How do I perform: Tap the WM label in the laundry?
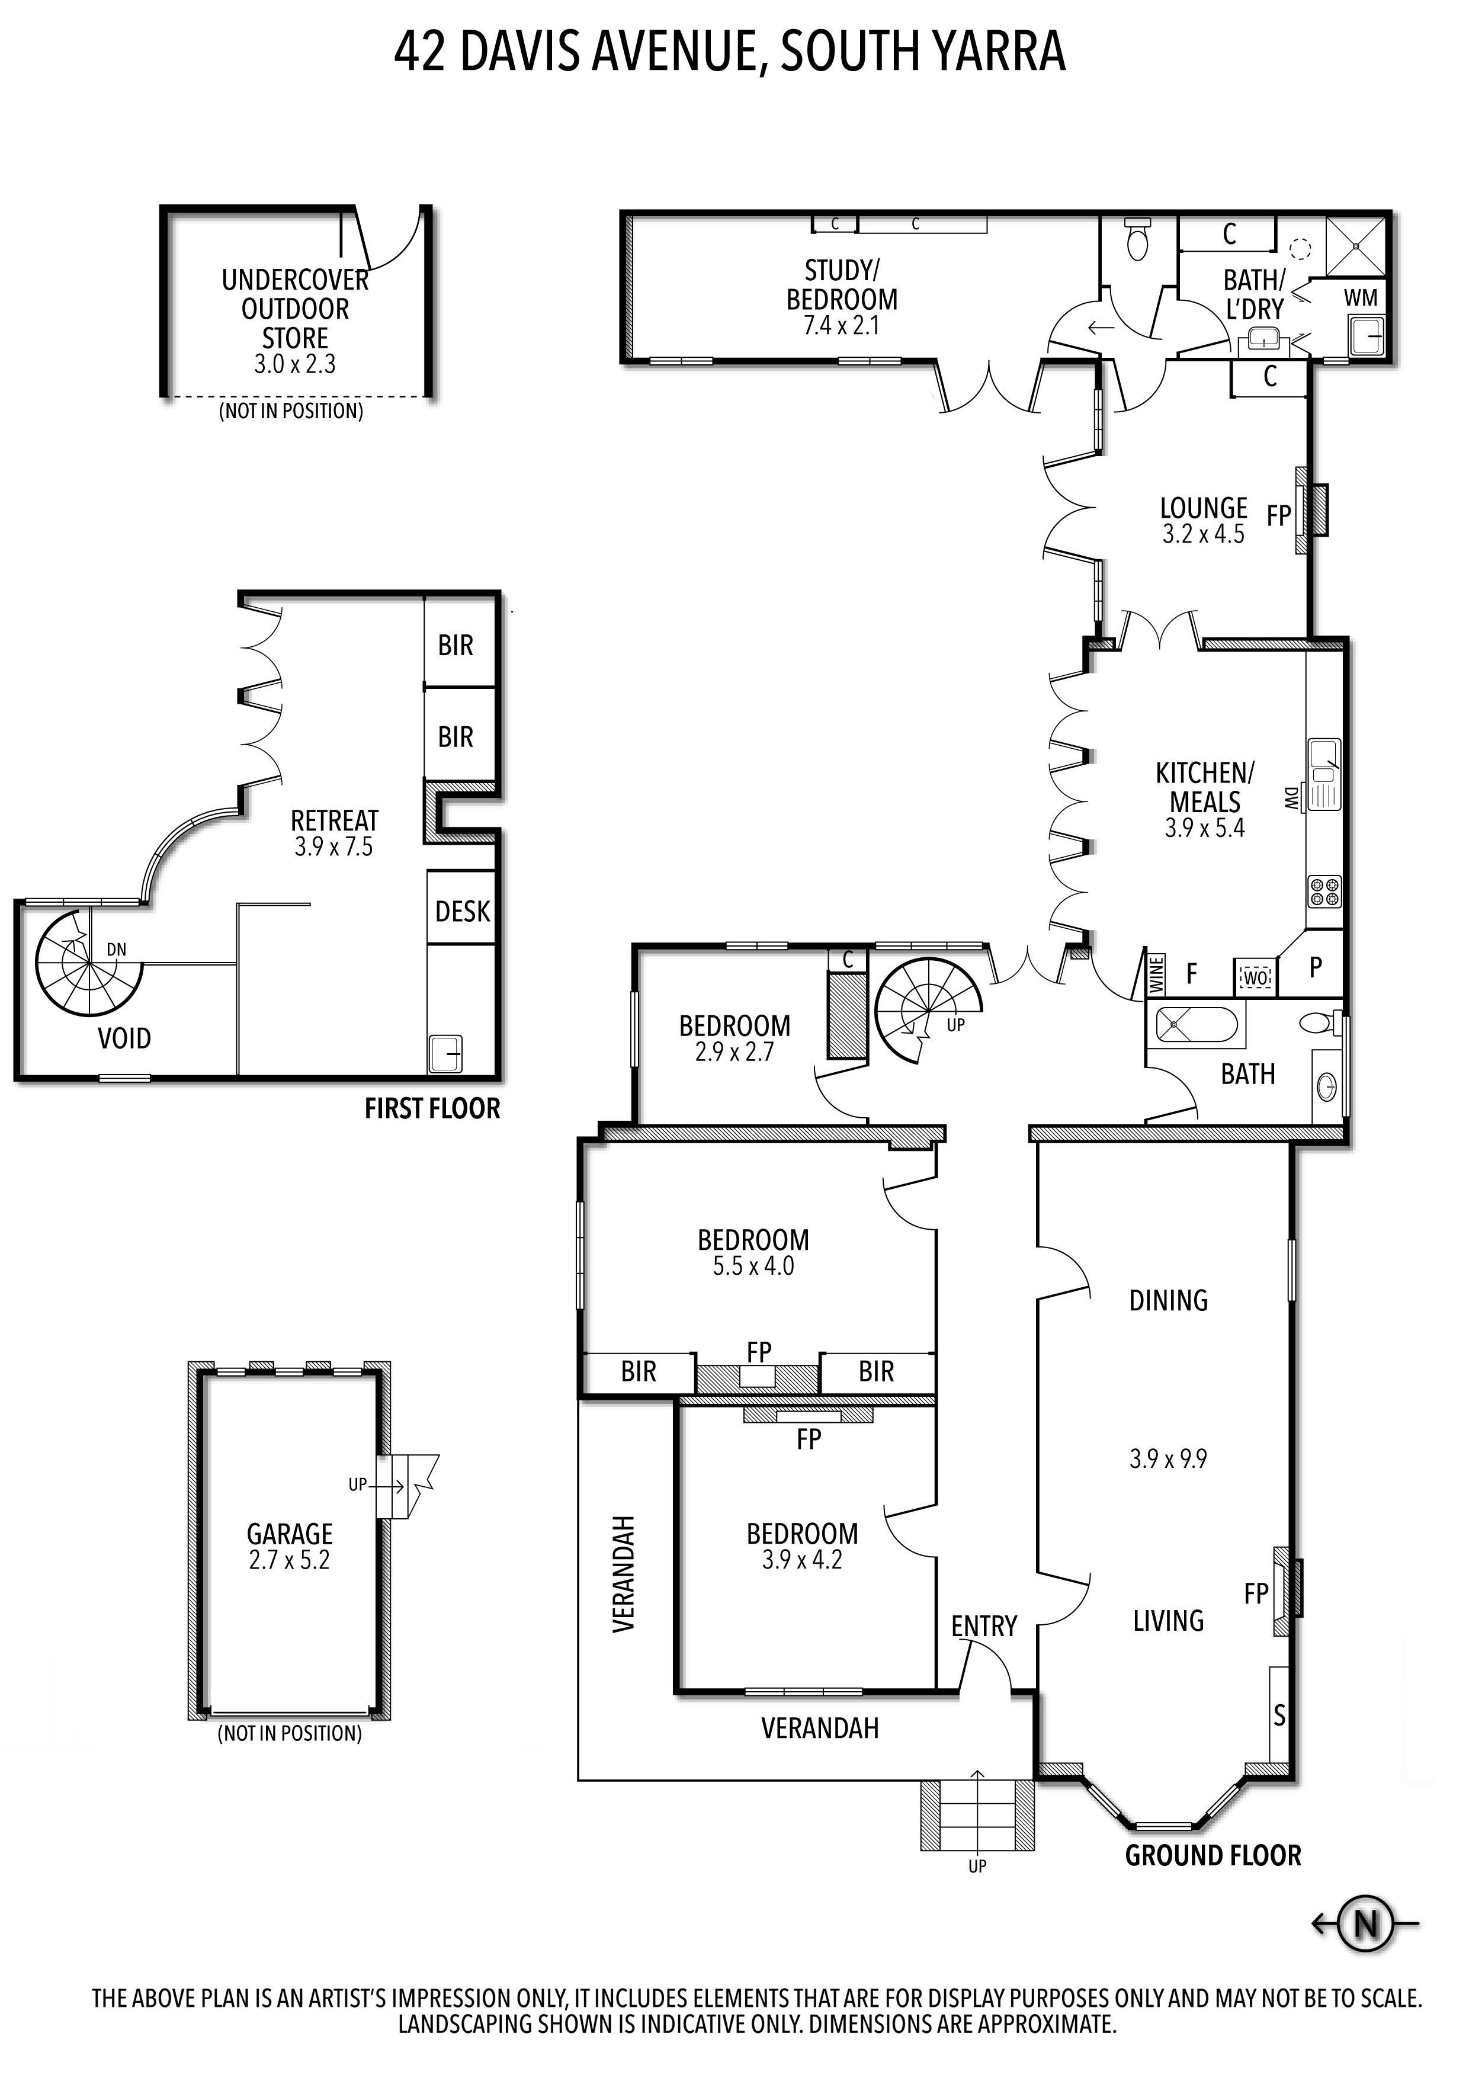1361,298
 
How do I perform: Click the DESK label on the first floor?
463,912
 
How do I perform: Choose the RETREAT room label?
334,821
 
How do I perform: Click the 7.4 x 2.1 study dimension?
842,326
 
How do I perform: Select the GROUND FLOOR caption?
1213,1855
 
